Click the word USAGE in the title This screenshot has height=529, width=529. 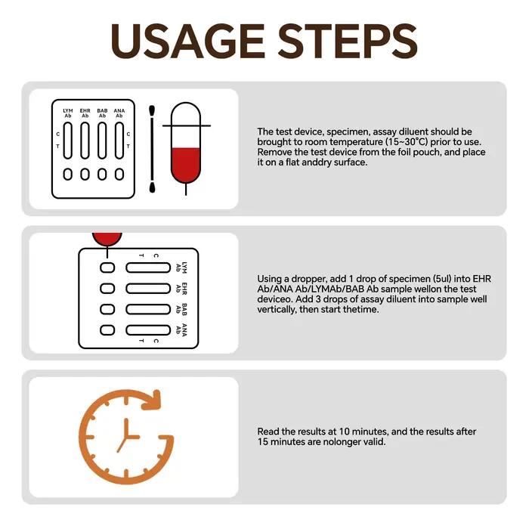click(x=187, y=41)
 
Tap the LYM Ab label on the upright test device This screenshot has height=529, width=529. click(x=68, y=113)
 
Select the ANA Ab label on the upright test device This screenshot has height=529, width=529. click(x=119, y=113)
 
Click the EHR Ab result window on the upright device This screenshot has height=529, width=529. click(x=85, y=141)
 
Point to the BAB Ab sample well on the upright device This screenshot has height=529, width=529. click(x=102, y=174)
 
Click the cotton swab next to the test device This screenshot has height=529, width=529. click(x=152, y=149)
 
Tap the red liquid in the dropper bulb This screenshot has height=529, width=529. click(x=186, y=165)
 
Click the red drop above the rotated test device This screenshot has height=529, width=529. click(x=107, y=239)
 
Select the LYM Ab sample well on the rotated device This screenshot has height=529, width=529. click(x=107, y=268)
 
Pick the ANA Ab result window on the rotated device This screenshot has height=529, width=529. click(x=148, y=330)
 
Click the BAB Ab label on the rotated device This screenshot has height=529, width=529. click(x=181, y=309)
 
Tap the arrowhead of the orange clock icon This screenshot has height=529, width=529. click(x=153, y=400)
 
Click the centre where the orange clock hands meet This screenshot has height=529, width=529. click(x=126, y=437)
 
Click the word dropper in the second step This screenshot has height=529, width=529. click(x=305, y=279)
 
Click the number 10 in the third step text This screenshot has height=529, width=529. click(x=345, y=432)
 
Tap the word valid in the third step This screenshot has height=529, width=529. click(x=374, y=441)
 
